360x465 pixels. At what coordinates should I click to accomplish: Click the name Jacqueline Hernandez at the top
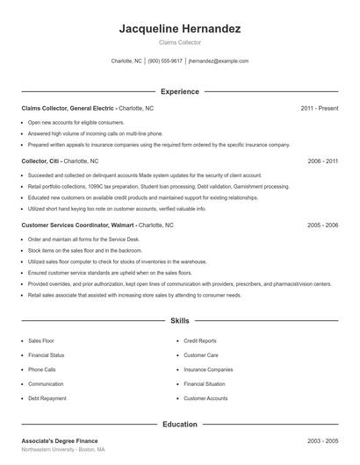click(x=180, y=29)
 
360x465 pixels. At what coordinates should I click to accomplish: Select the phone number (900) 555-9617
click(x=165, y=61)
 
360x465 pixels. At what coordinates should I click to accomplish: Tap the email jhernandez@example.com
click(x=219, y=61)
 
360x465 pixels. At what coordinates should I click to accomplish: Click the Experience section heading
click(x=180, y=91)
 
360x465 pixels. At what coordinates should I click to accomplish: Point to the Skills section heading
click(x=180, y=322)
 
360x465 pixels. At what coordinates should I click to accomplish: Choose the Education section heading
click(x=180, y=424)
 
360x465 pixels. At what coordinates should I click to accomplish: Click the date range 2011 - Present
click(x=320, y=108)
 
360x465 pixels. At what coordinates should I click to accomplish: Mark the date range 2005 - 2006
click(x=323, y=225)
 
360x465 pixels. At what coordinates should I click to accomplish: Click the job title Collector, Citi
click(x=41, y=161)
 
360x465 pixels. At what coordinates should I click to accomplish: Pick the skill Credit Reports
click(x=200, y=340)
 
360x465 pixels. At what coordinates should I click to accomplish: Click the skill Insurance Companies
click(x=208, y=369)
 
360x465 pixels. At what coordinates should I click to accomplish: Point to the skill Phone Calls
click(x=42, y=369)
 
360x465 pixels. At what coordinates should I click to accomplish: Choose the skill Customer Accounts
click(x=205, y=398)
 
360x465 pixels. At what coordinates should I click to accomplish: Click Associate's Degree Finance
click(x=60, y=440)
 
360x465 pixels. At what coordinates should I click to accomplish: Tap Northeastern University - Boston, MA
click(x=63, y=449)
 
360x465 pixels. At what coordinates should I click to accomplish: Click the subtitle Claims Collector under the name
click(x=180, y=42)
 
